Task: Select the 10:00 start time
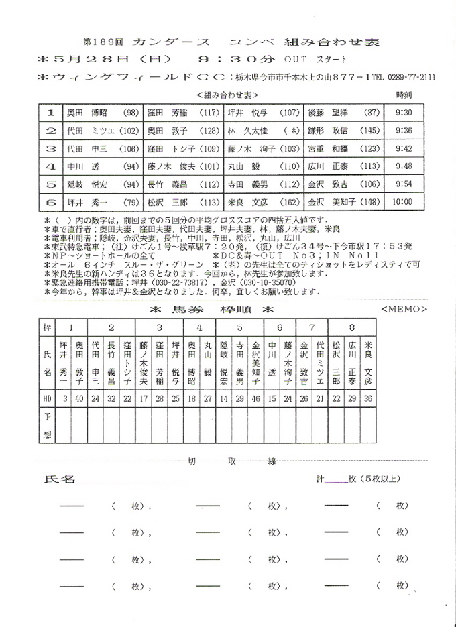click(x=403, y=201)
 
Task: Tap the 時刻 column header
click(x=404, y=95)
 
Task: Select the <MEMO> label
click(x=402, y=309)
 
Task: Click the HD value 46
click(x=255, y=398)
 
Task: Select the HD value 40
click(x=79, y=398)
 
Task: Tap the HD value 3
click(x=64, y=398)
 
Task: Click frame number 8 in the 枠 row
click(x=353, y=327)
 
